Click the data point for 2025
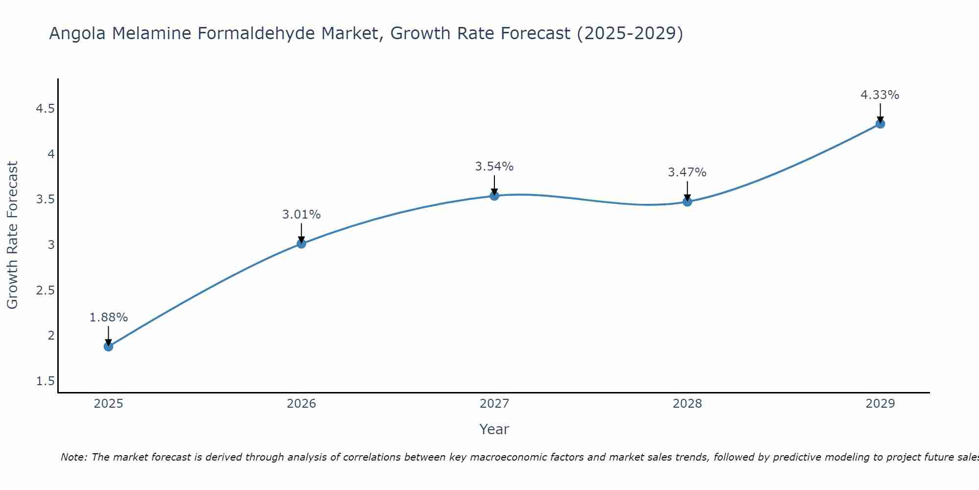pos(108,346)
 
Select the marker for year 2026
pos(301,244)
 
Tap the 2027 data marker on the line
pos(494,196)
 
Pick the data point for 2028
pos(687,201)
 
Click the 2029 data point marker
pos(880,123)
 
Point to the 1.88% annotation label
pos(108,318)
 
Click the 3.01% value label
pos(301,215)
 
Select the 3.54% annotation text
pos(494,167)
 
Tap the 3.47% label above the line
pos(687,172)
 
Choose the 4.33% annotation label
pos(880,95)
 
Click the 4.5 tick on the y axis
pos(45,109)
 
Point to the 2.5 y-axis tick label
pos(45,291)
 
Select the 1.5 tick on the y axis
pos(45,381)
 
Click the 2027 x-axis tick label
pos(494,404)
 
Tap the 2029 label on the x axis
pos(880,404)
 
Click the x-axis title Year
pos(494,429)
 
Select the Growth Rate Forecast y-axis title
pos(13,235)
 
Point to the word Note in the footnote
pos(73,457)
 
